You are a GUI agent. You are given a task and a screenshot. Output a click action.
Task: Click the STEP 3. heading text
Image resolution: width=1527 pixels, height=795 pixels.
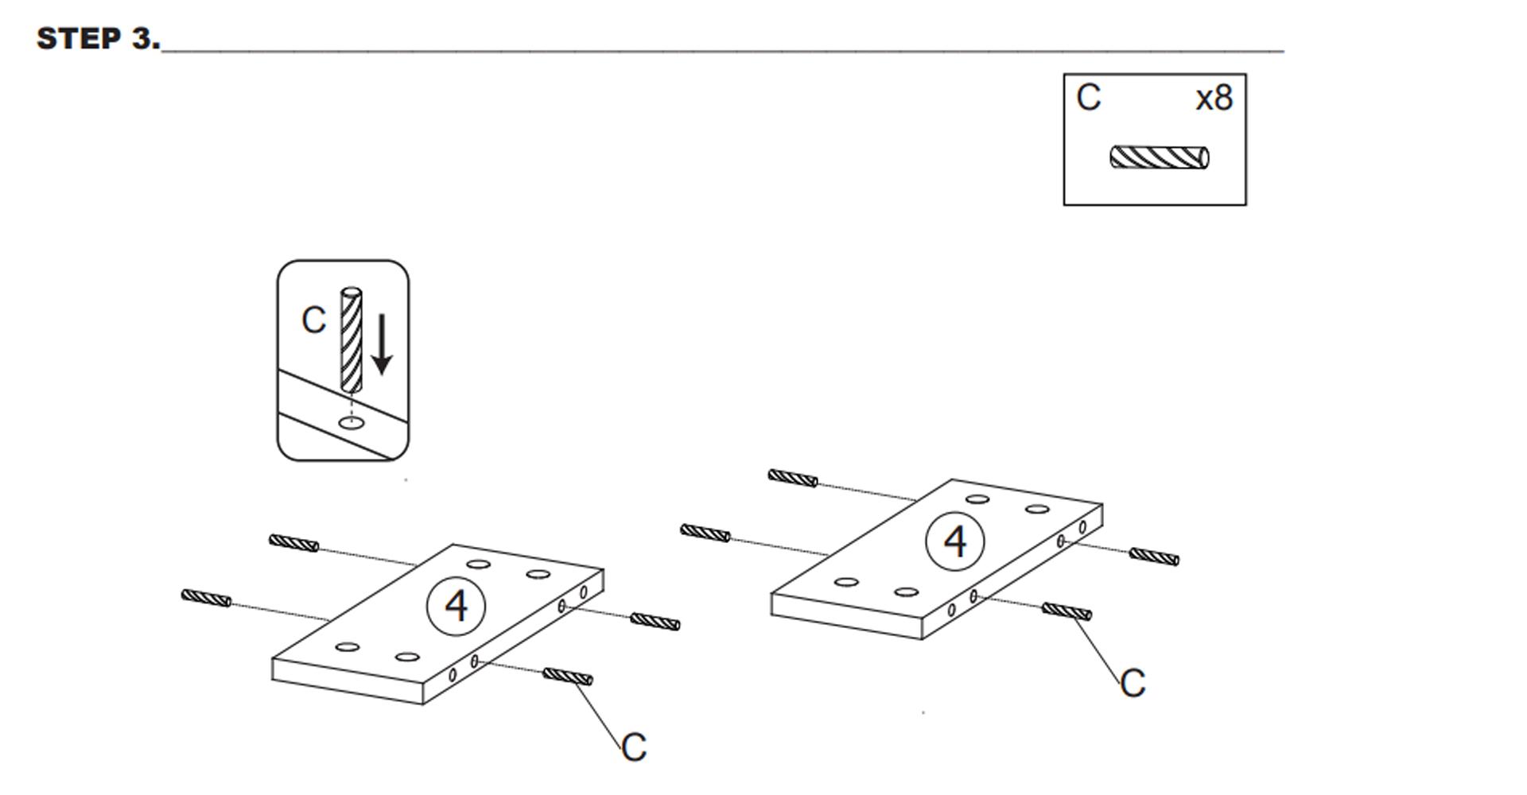[99, 38]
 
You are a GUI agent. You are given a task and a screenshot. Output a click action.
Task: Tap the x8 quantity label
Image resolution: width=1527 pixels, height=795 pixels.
[1214, 98]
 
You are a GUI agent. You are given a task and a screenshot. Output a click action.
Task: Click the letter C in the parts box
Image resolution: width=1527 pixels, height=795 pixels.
[1089, 97]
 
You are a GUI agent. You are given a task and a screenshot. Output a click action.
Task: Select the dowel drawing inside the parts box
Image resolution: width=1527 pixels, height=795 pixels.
[1160, 157]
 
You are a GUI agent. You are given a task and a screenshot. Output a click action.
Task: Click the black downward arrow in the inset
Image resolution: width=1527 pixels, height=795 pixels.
[382, 344]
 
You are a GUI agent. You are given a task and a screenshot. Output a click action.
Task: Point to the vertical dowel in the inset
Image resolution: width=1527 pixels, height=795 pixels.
[351, 340]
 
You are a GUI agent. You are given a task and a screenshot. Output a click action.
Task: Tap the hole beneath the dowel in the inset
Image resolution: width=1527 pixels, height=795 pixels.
[352, 422]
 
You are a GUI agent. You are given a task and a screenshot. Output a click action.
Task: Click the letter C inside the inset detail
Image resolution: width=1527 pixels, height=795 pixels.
[313, 320]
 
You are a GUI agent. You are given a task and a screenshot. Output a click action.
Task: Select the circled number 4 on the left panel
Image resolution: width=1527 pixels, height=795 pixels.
[457, 607]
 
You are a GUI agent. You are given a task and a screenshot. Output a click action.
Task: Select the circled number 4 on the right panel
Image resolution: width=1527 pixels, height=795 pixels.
[954, 541]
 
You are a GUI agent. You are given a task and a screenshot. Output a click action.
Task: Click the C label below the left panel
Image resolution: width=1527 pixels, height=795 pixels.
[634, 747]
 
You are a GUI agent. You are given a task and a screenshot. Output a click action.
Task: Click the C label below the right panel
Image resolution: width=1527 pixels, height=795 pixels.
[1133, 683]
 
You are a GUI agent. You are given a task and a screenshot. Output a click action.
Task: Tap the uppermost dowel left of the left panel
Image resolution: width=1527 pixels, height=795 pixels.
[293, 543]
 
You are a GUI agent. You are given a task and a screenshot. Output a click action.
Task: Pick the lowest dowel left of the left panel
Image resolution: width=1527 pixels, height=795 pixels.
[206, 598]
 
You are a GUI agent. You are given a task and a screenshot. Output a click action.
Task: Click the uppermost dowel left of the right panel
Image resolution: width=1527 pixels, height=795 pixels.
[793, 478]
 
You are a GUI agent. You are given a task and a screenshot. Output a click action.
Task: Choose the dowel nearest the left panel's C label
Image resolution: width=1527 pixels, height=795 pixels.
[568, 677]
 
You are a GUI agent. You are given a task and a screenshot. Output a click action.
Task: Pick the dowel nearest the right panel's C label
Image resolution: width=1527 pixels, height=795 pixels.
[1067, 611]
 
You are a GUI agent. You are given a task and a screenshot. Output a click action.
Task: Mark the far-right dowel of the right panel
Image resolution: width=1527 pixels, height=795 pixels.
[1154, 557]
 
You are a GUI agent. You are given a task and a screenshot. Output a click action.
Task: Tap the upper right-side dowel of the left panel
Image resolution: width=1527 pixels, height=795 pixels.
[655, 622]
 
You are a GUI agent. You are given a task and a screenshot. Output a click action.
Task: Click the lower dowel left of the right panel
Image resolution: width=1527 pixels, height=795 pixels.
[705, 533]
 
